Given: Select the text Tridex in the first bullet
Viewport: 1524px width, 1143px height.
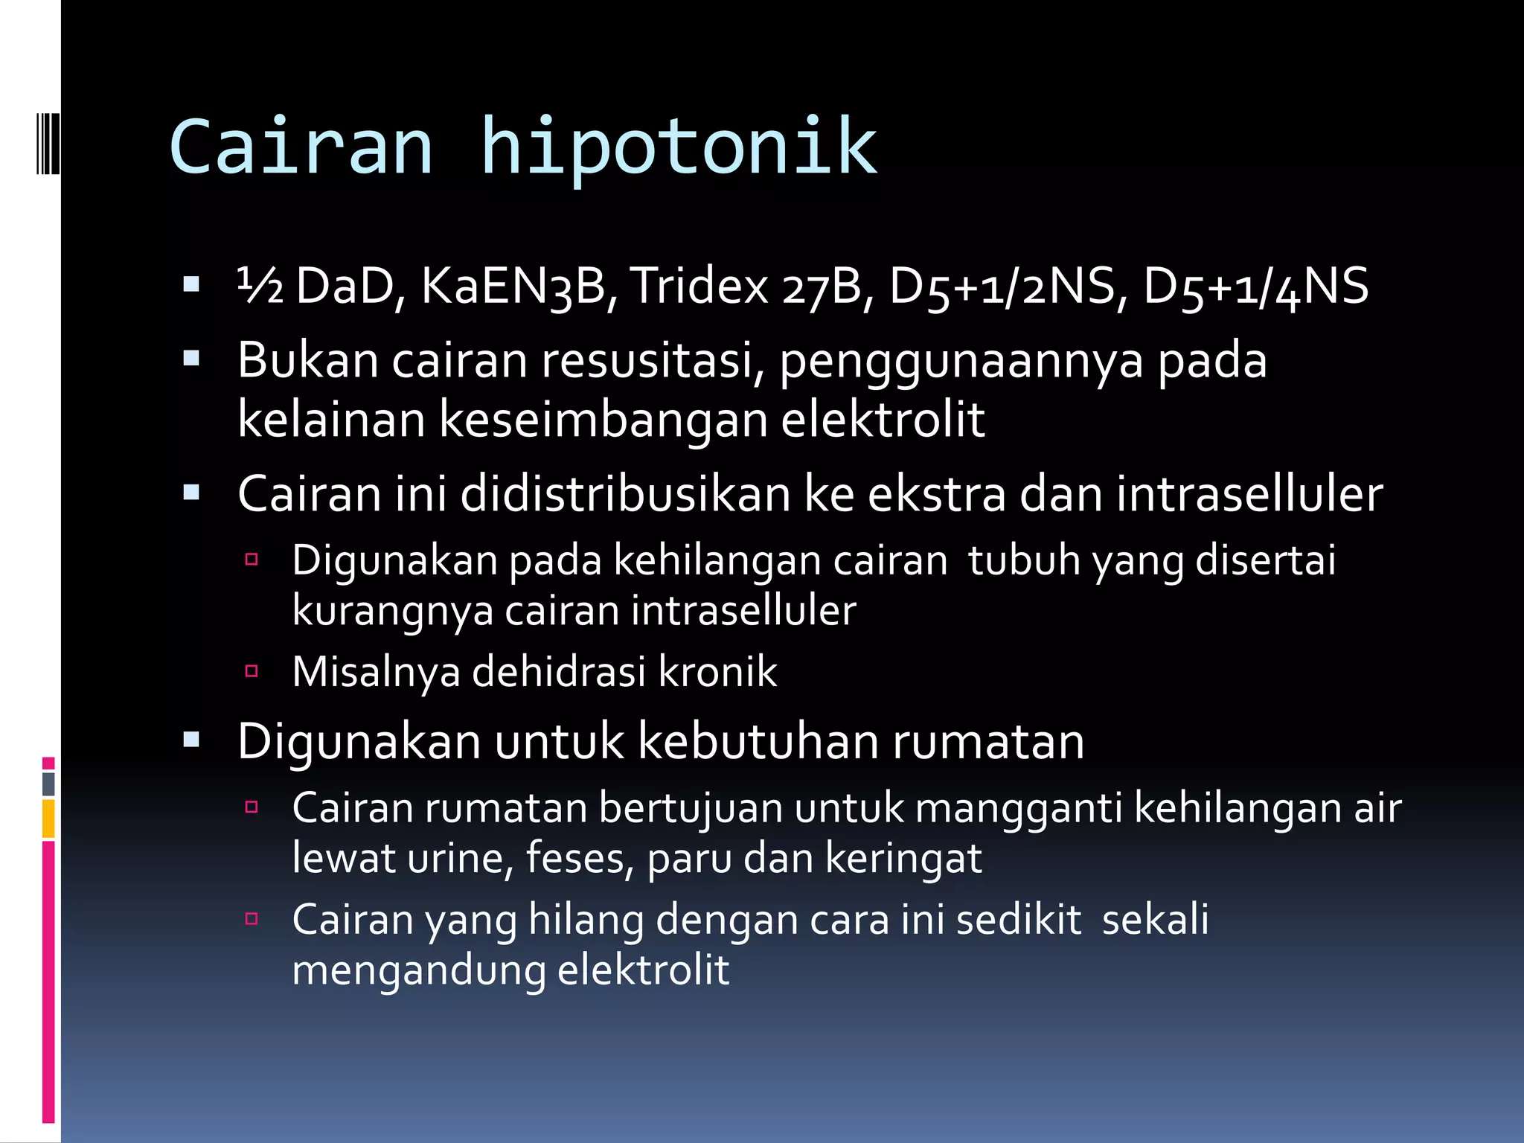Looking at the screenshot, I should pos(699,286).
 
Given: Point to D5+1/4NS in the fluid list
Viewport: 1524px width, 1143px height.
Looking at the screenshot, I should pos(1255,286).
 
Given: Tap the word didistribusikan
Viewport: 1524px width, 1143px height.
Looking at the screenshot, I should pos(625,494).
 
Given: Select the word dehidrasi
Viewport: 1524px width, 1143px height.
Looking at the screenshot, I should pos(559,672).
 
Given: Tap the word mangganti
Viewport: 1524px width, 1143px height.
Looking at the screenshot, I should pos(1018,808).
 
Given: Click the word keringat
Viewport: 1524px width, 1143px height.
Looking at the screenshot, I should pos(903,859).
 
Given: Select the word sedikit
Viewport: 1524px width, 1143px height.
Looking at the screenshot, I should pos(1018,920).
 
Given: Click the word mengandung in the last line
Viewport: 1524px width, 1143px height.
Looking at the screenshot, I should pos(418,970).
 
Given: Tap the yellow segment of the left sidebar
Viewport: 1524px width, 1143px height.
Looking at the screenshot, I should pos(48,818).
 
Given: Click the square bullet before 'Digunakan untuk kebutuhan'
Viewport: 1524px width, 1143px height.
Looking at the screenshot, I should pos(192,740).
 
